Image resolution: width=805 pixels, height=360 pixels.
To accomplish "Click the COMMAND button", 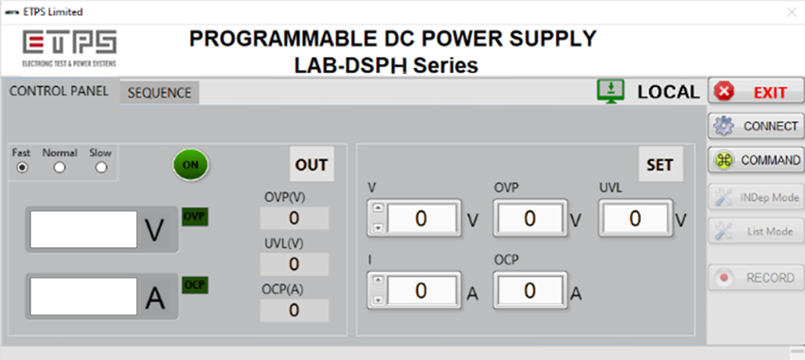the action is [x=756, y=160].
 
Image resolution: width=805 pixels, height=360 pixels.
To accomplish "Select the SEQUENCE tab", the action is [x=159, y=93].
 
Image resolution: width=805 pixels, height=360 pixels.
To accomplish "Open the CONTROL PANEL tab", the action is [x=59, y=92].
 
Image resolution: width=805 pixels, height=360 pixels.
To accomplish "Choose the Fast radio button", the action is [x=22, y=167].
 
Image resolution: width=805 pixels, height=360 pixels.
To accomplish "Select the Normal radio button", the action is [x=60, y=167].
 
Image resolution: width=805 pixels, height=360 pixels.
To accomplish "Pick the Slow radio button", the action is [x=99, y=167].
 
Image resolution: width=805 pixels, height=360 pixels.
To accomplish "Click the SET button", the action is [x=659, y=164].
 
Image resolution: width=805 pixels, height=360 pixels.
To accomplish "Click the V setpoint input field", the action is [x=421, y=219].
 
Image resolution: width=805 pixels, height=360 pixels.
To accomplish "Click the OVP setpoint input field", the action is [x=529, y=219].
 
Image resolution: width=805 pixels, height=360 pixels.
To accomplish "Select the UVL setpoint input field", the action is [x=635, y=219].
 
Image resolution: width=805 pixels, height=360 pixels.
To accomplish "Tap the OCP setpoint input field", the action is [x=529, y=290].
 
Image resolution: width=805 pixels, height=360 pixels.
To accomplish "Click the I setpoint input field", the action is [x=421, y=290].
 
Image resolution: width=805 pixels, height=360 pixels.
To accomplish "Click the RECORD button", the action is [x=756, y=278].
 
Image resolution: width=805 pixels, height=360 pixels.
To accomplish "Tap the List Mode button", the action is [x=756, y=230].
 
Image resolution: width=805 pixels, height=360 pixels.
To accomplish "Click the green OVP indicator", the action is [x=194, y=216].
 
